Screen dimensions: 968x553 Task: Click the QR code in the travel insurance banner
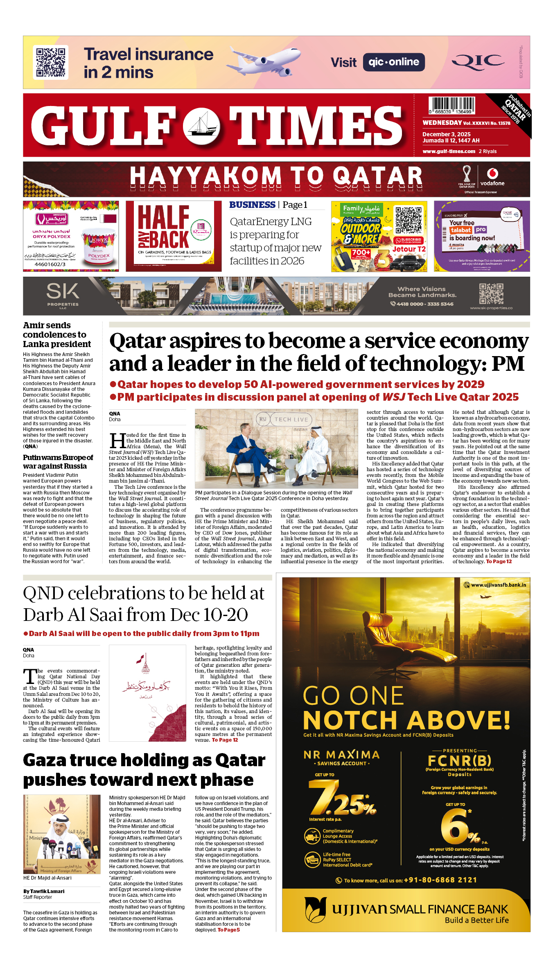(x=51, y=62)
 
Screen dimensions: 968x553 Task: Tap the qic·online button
(x=393, y=62)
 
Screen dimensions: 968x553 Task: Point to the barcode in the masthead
(x=451, y=105)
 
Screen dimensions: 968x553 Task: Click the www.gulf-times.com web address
(x=449, y=151)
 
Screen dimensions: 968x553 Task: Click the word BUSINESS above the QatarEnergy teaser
(x=252, y=205)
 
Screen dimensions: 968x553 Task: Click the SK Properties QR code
(x=491, y=293)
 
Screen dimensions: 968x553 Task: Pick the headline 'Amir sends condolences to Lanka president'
(x=56, y=335)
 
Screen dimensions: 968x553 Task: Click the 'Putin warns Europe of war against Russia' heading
(x=58, y=462)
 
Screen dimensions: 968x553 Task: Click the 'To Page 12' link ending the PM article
(x=499, y=562)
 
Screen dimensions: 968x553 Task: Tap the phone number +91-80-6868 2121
(x=440, y=880)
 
